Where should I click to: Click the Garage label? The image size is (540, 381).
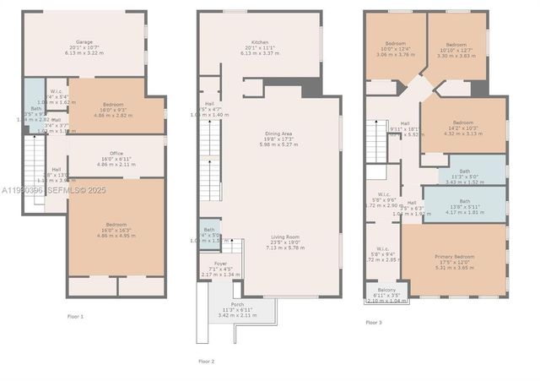coord(84,41)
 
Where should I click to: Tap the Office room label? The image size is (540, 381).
coord(117,153)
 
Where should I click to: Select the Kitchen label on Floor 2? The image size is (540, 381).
coord(259,42)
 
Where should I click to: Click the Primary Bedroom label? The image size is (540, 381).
coord(455,256)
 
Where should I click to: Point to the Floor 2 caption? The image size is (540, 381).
coord(207,361)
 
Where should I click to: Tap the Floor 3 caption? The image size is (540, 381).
coord(373,322)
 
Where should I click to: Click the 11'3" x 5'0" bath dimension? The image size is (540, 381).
coord(464,177)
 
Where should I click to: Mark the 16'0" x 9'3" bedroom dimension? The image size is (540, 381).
coord(116,110)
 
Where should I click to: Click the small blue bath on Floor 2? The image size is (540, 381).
coord(209,234)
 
